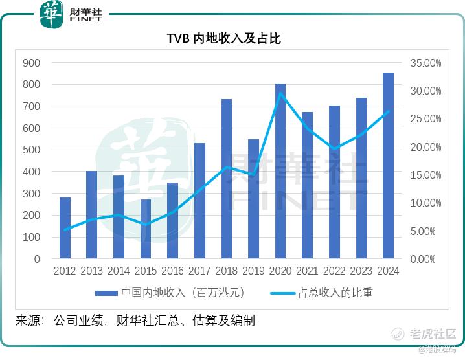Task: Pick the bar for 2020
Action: point(280,171)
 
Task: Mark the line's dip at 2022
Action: point(334,149)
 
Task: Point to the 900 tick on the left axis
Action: point(31,63)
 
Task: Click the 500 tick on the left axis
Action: point(31,150)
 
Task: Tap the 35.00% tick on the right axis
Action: point(425,63)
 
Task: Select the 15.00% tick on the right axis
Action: point(425,175)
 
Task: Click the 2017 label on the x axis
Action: point(199,271)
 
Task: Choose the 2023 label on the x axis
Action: point(361,271)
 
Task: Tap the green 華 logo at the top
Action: point(51,14)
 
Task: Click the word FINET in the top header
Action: point(86,20)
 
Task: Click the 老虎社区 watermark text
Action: point(433,335)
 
